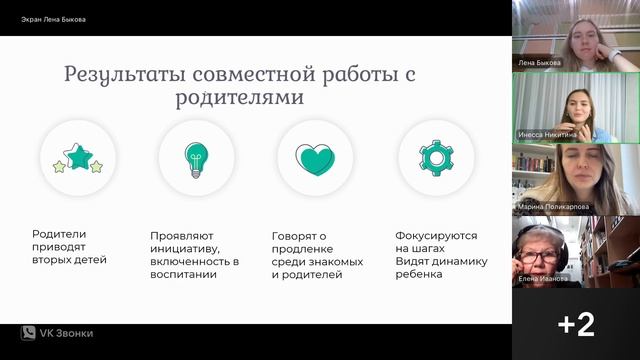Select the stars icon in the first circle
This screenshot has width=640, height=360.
pos(79,158)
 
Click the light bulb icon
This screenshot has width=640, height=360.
pos(196,158)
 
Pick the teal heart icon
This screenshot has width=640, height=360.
pos(315,158)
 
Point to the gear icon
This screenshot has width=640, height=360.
pos(435,158)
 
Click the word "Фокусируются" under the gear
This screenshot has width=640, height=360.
pos(436,235)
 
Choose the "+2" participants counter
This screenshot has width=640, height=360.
pos(576,324)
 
